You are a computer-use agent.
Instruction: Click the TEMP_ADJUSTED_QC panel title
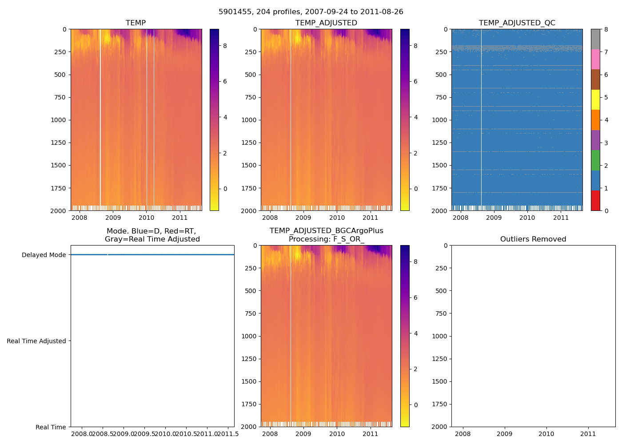click(x=517, y=23)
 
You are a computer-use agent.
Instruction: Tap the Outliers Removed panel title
click(x=533, y=239)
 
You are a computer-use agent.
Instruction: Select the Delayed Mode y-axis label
click(x=44, y=255)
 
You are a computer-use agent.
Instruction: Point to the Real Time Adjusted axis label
click(x=36, y=341)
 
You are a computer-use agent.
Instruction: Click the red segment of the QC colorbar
click(x=595, y=201)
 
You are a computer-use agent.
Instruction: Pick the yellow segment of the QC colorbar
click(x=595, y=99)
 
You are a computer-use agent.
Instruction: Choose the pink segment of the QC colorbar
click(x=595, y=59)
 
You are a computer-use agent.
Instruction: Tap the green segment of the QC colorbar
click(x=595, y=160)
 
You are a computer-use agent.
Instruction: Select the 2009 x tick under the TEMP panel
click(x=113, y=218)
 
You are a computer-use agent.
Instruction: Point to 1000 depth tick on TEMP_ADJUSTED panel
click(x=249, y=120)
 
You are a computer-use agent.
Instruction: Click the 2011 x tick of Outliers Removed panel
click(x=588, y=434)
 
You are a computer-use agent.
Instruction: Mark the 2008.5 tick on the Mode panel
click(x=102, y=434)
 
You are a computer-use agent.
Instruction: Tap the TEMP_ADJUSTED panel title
click(x=326, y=23)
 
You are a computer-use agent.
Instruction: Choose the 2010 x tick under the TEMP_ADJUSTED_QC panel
click(x=527, y=218)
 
